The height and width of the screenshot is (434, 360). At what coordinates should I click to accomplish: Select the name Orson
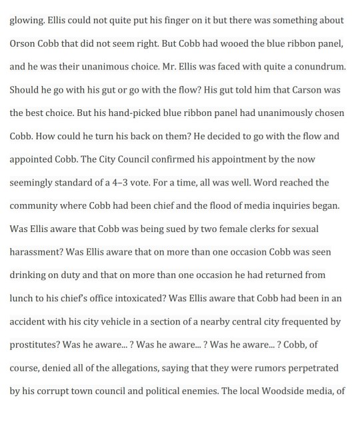coord(25,44)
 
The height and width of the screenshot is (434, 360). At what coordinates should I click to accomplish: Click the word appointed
coord(33,160)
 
